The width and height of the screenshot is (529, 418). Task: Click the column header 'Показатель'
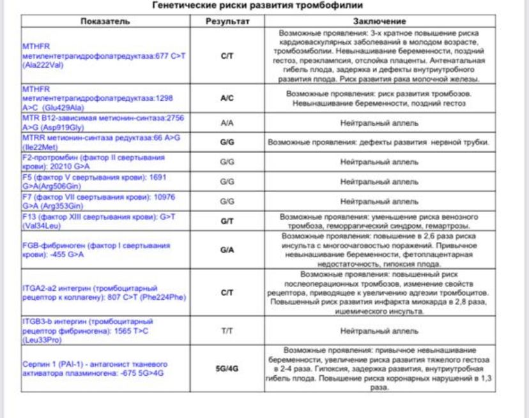pos(105,21)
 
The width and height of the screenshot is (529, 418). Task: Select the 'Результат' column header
pos(227,21)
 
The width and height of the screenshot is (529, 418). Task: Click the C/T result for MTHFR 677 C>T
pos(227,56)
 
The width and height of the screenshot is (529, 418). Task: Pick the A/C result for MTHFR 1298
pos(227,99)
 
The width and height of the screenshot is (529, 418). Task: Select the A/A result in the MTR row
pos(227,122)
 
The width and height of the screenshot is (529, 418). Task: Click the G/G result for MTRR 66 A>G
pos(227,142)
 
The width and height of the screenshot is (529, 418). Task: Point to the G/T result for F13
pos(227,221)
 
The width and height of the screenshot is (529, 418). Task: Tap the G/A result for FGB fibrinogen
pos(227,250)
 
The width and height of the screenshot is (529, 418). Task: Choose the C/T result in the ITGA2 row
pos(227,293)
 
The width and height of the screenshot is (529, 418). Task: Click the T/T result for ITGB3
pos(227,331)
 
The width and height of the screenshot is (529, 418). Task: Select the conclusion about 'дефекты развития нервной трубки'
pos(379,142)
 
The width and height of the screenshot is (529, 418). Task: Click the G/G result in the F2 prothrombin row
pos(227,161)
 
